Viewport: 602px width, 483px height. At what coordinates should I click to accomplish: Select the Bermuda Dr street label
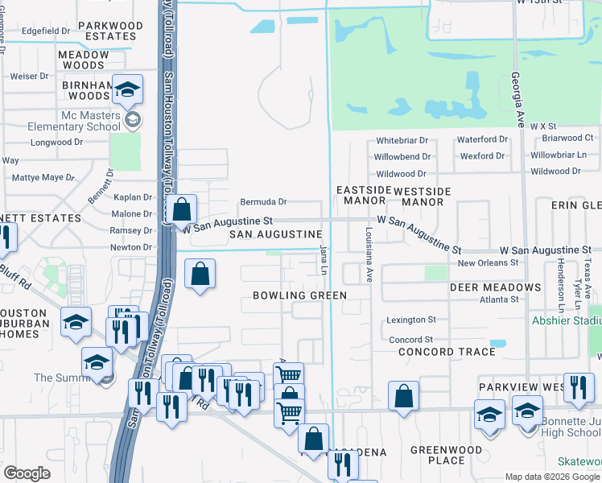(x=263, y=201)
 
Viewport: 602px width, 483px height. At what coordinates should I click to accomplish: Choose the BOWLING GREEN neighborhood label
(x=299, y=295)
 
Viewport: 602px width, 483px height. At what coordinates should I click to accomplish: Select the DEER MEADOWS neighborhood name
(x=495, y=287)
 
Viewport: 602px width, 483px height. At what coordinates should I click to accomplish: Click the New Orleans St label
(x=488, y=263)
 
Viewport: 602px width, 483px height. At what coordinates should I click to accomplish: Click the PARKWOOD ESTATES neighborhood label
(x=111, y=31)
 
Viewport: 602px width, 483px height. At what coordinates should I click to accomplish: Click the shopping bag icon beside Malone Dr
(x=183, y=208)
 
